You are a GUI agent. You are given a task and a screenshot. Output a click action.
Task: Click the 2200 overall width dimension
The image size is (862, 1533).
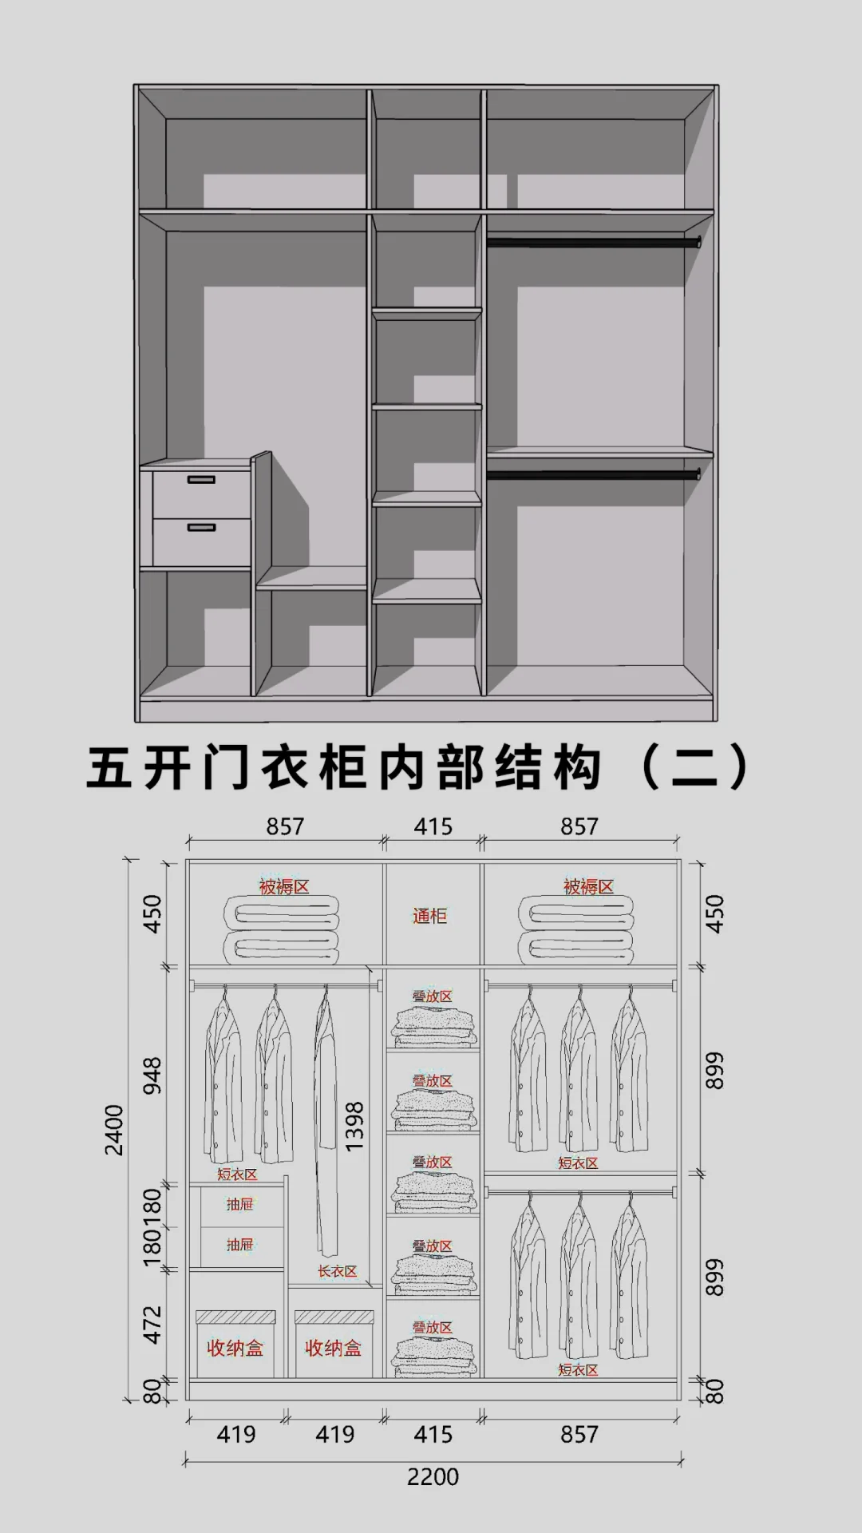(433, 1477)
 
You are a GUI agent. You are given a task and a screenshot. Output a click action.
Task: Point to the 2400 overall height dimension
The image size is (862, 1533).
(115, 1129)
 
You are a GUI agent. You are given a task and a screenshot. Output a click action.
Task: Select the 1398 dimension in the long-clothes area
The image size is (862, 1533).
(354, 1126)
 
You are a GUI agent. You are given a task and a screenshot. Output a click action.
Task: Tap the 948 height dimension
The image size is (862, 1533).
(152, 1075)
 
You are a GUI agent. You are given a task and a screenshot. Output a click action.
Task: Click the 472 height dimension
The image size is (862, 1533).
(152, 1325)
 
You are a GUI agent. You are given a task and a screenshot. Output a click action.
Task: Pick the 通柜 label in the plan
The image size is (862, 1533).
(429, 916)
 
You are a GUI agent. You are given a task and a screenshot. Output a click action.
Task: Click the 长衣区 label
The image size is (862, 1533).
(337, 1271)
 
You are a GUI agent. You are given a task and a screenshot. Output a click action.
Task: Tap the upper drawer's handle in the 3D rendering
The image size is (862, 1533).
(201, 480)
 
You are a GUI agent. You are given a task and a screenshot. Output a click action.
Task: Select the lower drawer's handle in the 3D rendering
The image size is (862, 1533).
(201, 528)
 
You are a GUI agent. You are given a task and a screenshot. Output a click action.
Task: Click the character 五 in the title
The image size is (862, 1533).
(109, 768)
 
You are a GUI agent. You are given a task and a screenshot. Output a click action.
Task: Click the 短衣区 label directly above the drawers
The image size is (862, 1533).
(237, 1175)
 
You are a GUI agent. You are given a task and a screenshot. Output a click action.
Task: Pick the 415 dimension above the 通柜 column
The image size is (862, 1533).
(433, 826)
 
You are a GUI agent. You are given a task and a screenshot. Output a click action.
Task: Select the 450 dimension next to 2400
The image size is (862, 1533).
(152, 914)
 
